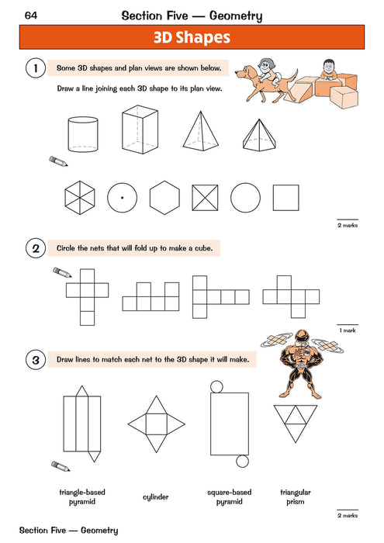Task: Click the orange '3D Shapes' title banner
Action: click(x=192, y=36)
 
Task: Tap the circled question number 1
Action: click(x=33, y=70)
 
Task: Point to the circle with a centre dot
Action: click(x=122, y=199)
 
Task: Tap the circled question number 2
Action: click(x=33, y=249)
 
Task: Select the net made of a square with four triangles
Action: click(x=156, y=423)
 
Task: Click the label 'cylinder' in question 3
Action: click(x=156, y=497)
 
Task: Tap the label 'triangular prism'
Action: click(x=296, y=496)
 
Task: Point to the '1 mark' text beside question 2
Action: click(x=346, y=330)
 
